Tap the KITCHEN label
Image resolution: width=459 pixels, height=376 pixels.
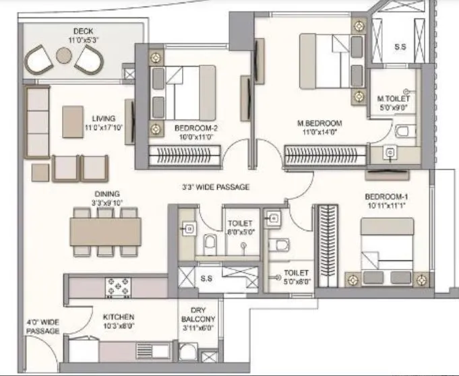119,317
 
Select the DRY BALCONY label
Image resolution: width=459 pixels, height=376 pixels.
198,319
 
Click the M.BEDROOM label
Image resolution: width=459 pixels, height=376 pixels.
320,123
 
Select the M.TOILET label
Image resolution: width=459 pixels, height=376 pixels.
394,99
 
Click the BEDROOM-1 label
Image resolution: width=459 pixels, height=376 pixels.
387,197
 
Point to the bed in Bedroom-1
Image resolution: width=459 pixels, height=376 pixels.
385,251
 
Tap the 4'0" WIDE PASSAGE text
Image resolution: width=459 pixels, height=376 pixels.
43,326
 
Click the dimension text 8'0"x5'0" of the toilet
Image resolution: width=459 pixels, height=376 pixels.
240,231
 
